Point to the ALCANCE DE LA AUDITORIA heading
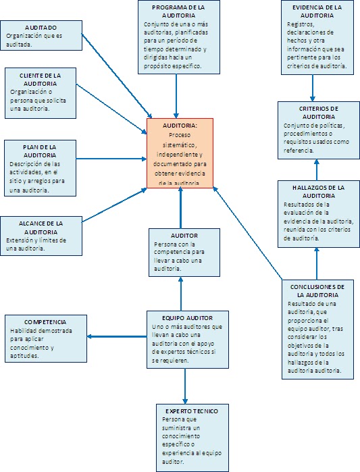pyautogui.click(x=41, y=227)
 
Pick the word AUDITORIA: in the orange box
pyautogui.click(x=180, y=126)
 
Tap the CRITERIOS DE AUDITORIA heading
pyautogui.click(x=318, y=112)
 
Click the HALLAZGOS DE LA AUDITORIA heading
pyautogui.click(x=318, y=191)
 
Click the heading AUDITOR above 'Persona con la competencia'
pyautogui.click(x=184, y=235)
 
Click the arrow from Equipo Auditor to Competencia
pyautogui.click(x=118, y=337)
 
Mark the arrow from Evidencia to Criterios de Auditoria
pyautogui.click(x=313, y=88)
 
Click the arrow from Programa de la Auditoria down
pyautogui.click(x=176, y=95)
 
